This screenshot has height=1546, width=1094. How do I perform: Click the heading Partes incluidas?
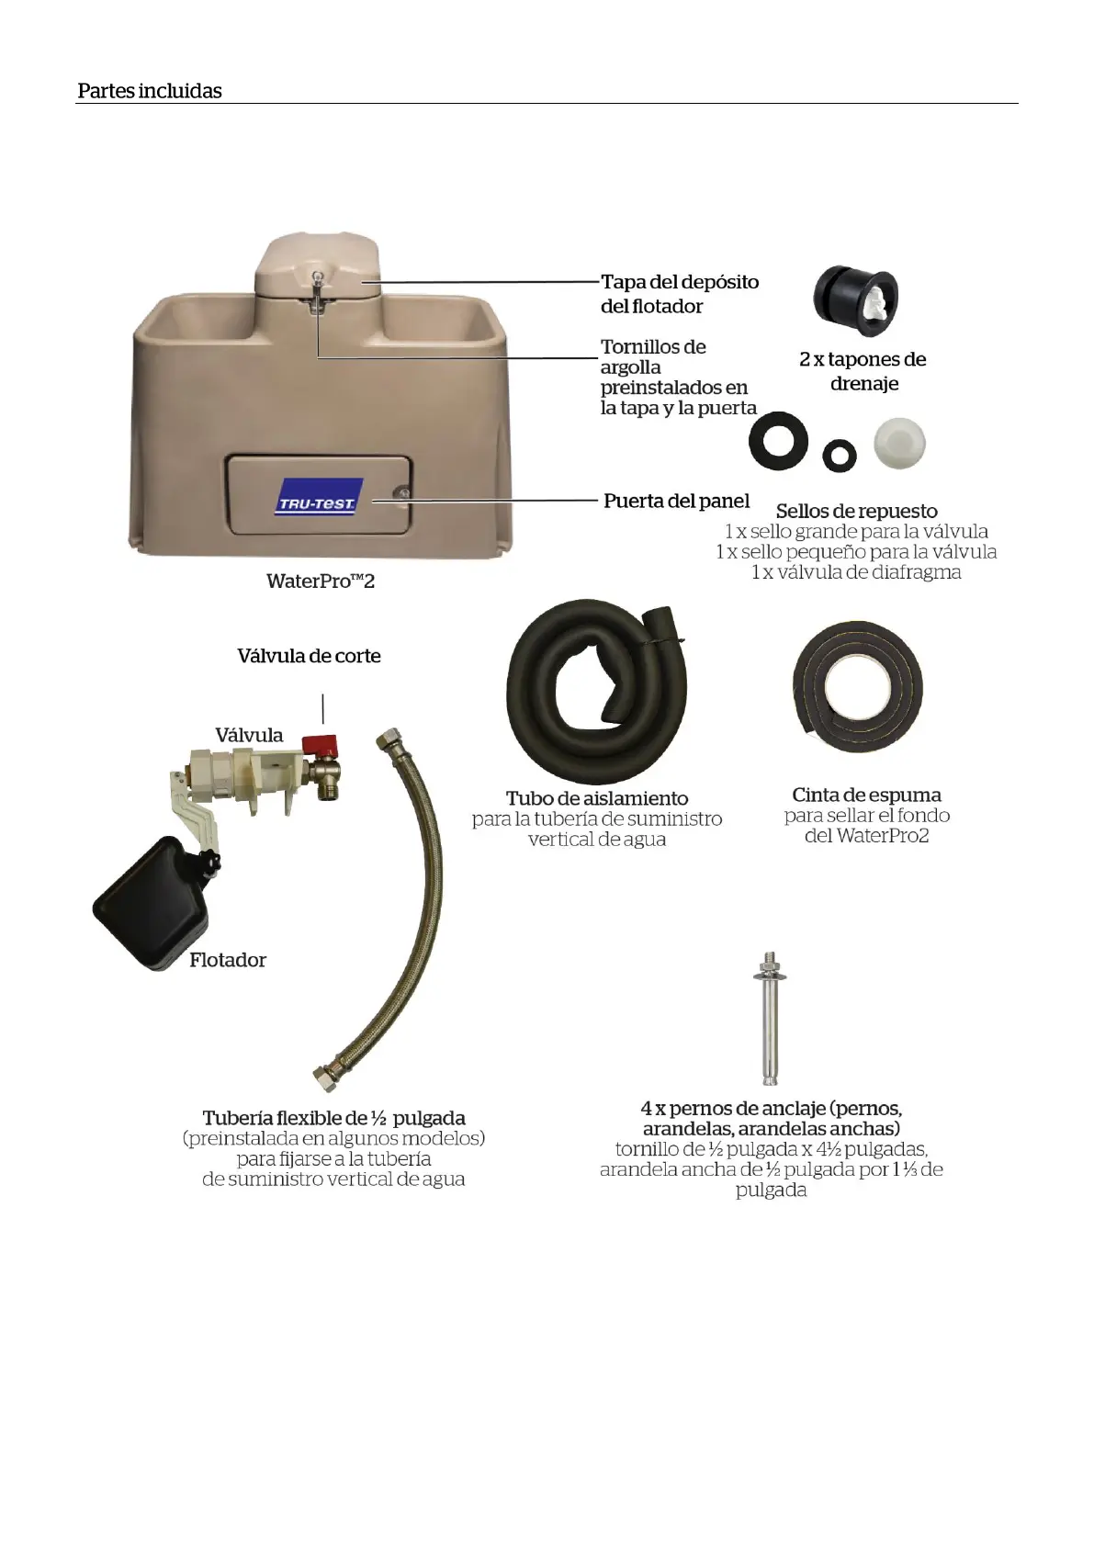coord(150,91)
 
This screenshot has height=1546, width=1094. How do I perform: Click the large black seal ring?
coord(778,442)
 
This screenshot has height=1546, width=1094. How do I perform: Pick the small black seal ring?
coord(839,454)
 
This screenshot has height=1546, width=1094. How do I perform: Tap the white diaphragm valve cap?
coord(898,443)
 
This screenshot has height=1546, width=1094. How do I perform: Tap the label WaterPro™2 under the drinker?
coord(321,581)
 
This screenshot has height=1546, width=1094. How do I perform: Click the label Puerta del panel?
coord(676,502)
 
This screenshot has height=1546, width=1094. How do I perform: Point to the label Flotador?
coord(228,960)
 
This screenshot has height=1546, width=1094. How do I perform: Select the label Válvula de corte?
coord(309,656)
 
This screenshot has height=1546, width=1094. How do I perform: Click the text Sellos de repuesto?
coord(856,511)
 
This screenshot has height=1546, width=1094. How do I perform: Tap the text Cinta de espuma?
coord(866,795)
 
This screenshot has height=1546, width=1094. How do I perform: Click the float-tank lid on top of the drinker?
coord(317,265)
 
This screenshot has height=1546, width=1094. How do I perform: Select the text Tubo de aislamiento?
coord(597,798)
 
